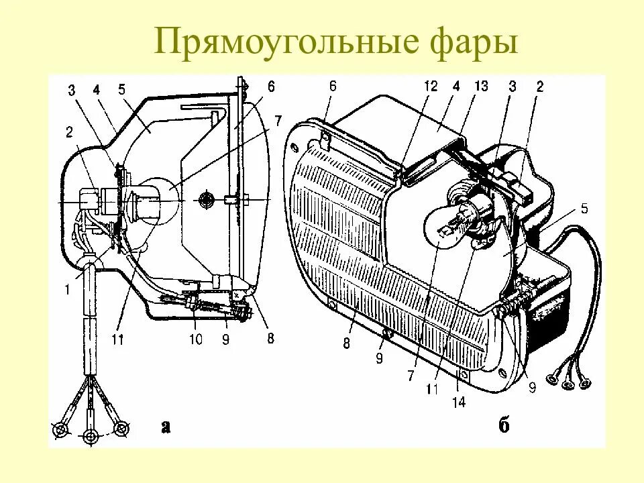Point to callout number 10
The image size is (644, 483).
[195, 339]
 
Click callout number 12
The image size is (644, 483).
[430, 86]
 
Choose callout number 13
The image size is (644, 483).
[481, 86]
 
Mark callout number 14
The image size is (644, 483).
[460, 402]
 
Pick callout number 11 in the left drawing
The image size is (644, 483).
[118, 339]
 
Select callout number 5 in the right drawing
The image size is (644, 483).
[584, 208]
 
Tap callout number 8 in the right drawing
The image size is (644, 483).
[345, 343]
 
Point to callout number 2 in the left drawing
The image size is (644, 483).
[70, 131]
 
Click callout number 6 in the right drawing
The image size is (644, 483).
[333, 86]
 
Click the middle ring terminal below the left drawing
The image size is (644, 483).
[91, 437]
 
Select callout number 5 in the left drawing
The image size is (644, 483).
[121, 88]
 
